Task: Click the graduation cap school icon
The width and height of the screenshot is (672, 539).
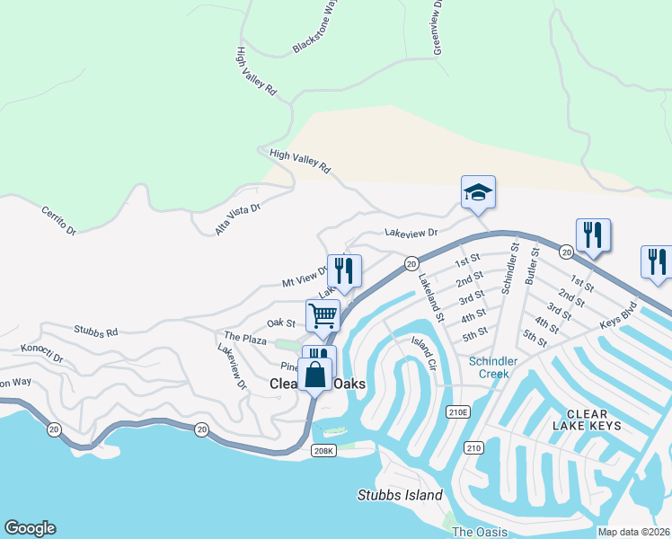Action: click(478, 191)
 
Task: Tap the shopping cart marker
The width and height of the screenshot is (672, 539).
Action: click(323, 315)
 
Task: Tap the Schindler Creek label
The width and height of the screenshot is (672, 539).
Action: click(493, 367)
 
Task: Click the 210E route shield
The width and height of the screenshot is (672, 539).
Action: click(457, 412)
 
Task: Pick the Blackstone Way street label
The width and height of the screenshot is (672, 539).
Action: click(316, 25)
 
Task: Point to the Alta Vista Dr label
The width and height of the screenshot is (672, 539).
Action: click(237, 219)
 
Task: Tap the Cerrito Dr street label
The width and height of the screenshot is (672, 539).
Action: click(59, 220)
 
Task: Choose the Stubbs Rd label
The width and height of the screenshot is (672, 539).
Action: click(96, 331)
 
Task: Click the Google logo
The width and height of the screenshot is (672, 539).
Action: click(30, 528)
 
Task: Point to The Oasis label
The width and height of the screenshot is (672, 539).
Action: click(474, 532)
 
